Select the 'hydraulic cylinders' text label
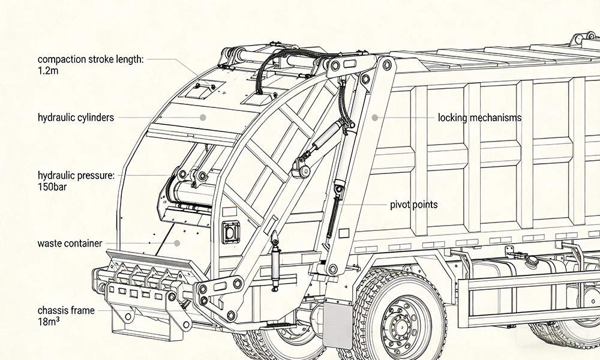76,118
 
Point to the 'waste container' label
70,244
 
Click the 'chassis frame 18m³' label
65,316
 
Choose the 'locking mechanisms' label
479,118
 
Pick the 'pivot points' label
413,205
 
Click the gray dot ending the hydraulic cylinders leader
203,118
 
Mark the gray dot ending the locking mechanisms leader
375,118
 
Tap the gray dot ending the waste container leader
178,243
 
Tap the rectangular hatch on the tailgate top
202,88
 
